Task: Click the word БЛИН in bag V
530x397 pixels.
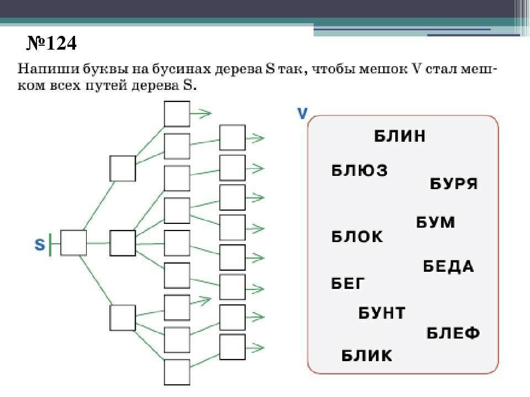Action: [x=400, y=136]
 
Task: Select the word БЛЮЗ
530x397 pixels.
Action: [x=359, y=170]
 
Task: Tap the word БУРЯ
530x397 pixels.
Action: [x=454, y=184]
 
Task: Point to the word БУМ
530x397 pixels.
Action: [x=436, y=222]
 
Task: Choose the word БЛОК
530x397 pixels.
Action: [x=357, y=237]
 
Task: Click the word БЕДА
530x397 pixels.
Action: [x=448, y=266]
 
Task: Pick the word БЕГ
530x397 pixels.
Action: [x=348, y=283]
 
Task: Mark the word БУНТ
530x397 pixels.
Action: [x=381, y=313]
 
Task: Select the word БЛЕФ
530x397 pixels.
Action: [x=453, y=333]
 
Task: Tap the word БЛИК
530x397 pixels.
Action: [x=367, y=356]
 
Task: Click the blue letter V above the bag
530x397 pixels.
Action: [x=302, y=114]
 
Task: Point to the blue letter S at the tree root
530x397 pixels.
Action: [x=40, y=244]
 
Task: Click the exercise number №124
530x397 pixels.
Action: [x=51, y=43]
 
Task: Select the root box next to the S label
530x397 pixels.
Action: [x=73, y=243]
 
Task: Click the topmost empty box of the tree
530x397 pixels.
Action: [x=177, y=114]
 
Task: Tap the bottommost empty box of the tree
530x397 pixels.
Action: [x=177, y=372]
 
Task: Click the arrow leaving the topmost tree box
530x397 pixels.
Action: [x=201, y=114]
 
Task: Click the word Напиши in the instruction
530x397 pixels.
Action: [x=48, y=69]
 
